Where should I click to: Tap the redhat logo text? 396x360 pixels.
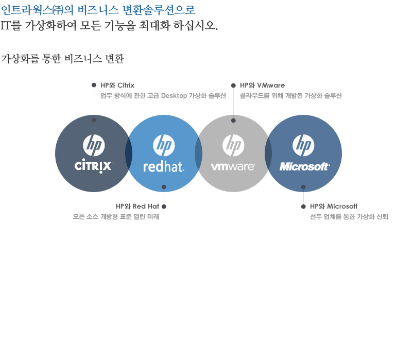point(163,166)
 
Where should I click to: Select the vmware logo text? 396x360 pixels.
point(233,166)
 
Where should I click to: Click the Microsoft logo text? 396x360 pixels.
point(304,166)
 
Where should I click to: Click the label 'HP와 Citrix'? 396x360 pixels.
point(117,85)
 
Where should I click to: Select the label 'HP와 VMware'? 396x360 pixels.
point(262,85)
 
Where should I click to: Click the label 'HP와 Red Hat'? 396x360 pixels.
point(137,207)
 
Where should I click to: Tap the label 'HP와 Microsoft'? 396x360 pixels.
point(334,207)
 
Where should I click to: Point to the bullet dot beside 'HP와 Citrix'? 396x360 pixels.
point(94,85)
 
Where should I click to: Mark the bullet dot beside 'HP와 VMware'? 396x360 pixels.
point(233,85)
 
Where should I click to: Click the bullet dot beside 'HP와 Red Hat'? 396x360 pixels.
point(164,207)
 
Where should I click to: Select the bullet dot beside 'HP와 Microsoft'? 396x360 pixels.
point(303,207)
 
